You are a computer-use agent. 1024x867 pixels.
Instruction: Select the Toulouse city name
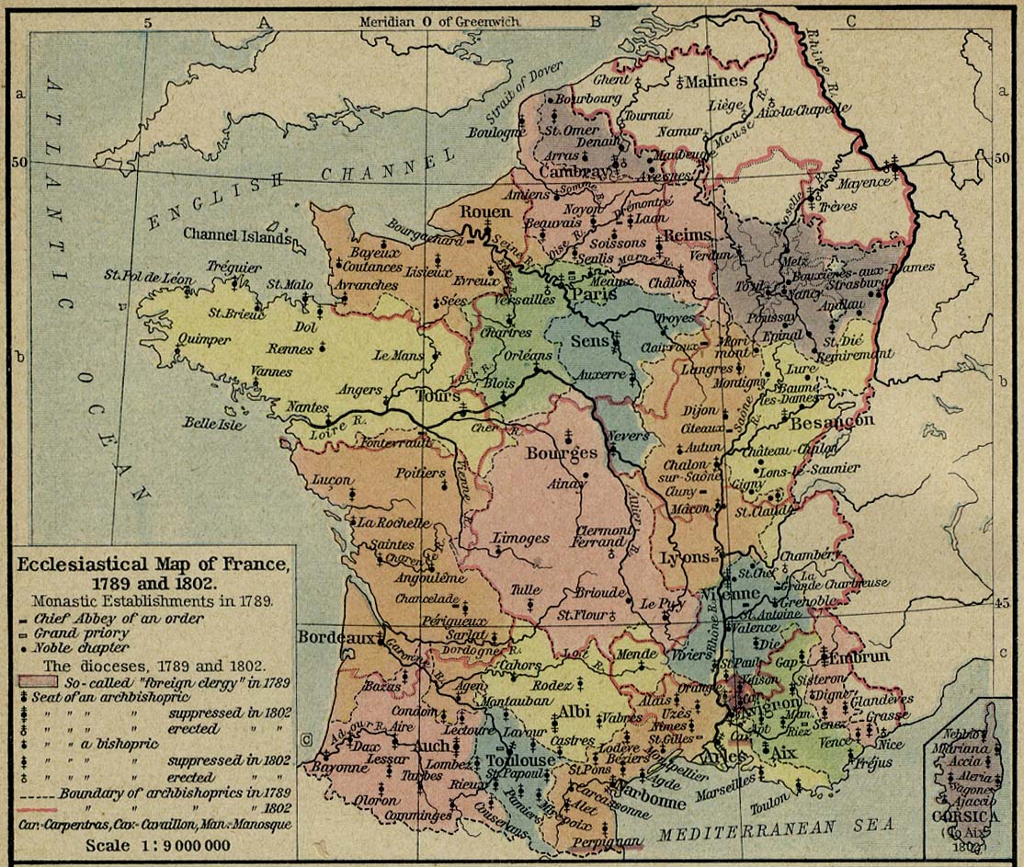point(520,760)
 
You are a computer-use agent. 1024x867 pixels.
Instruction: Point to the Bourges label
point(561,453)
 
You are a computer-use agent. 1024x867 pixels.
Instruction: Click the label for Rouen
point(484,212)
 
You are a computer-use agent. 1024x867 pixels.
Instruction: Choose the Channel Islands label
point(236,234)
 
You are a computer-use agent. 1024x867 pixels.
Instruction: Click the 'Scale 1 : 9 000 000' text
point(157,845)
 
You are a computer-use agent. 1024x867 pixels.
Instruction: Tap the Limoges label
point(520,539)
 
